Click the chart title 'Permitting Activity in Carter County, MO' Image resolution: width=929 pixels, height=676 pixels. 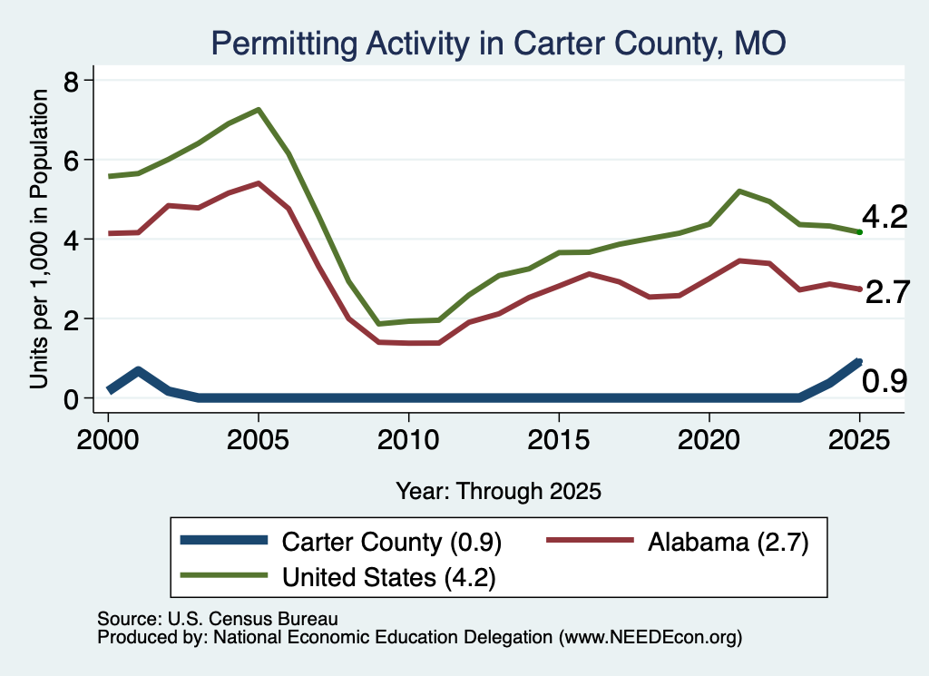tap(498, 44)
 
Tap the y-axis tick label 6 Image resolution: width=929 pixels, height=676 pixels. tap(71, 162)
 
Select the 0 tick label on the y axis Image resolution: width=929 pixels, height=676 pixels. tap(71, 399)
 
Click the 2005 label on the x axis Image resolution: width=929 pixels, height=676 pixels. tap(258, 439)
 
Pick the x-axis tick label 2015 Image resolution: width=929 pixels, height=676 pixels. tap(559, 439)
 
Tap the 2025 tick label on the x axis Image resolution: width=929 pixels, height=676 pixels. tap(859, 439)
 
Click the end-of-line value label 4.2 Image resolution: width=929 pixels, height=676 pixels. tap(885, 217)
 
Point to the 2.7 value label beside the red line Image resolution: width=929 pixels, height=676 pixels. tap(887, 292)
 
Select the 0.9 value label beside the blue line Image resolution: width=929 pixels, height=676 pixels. tap(885, 381)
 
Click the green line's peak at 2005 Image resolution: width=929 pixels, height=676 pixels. tap(259, 110)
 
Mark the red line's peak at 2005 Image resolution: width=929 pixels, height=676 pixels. tap(259, 183)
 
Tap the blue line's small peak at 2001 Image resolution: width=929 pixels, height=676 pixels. tap(138, 371)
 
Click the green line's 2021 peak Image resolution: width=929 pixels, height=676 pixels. tap(738, 191)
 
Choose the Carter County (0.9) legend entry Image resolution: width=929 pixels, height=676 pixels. tap(341, 542)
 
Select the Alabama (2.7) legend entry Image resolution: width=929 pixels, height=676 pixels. tap(677, 542)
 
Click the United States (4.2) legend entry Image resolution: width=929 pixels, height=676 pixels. tap(337, 577)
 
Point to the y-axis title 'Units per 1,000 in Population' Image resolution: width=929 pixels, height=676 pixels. tap(39, 239)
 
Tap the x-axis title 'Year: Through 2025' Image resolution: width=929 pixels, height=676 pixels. tap(498, 491)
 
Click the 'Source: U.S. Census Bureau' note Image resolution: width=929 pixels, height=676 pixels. tap(218, 619)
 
